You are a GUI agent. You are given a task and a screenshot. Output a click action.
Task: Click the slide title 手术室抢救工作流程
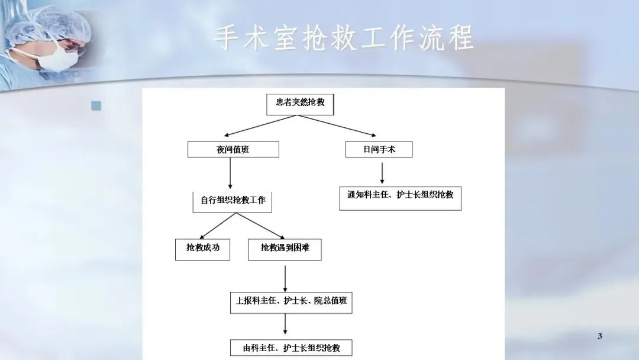tap(344, 38)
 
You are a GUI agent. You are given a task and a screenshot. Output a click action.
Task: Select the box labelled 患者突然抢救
tap(300, 103)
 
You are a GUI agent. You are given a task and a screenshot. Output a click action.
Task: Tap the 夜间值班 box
tap(233, 149)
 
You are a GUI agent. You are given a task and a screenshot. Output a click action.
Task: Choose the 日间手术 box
tap(379, 149)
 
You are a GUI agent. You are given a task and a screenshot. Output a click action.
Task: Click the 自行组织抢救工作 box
tap(233, 200)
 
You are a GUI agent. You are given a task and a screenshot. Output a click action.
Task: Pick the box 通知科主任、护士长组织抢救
tap(400, 195)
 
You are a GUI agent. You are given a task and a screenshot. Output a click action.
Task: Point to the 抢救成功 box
tap(202, 248)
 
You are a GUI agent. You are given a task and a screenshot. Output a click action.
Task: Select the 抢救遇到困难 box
tap(285, 248)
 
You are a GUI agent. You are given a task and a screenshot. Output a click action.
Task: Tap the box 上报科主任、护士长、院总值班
tap(291, 301)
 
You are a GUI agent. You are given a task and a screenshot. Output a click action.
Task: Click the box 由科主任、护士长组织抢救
tap(291, 348)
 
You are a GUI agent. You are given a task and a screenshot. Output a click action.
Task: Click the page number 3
tap(599, 337)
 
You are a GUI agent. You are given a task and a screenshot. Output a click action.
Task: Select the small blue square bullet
tap(96, 106)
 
